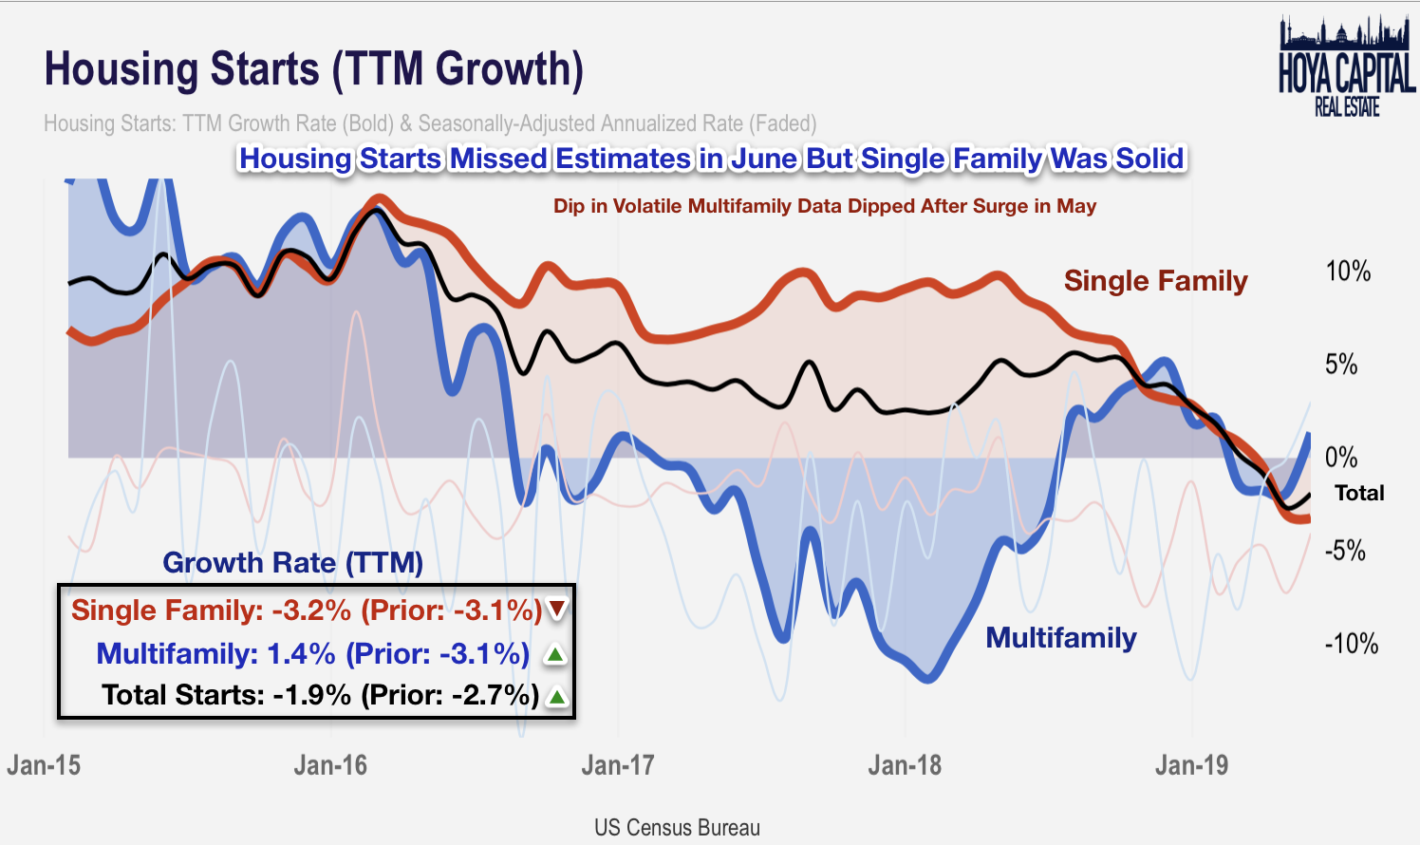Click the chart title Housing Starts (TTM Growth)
pos(313,69)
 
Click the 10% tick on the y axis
pos(1348,272)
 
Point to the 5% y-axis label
pos(1340,365)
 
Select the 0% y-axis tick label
pos(1340,458)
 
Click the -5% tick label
pos(1344,551)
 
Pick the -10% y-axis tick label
pos(1351,644)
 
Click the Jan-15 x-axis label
pos(44,765)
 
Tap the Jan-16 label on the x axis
pos(330,765)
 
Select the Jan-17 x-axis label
pos(618,765)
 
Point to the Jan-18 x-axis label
pos(905,765)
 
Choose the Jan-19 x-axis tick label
pos(1191,765)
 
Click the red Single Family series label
pos(1155,281)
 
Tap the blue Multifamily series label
pos(1060,637)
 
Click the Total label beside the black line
pos(1359,493)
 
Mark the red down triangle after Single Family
pos(556,610)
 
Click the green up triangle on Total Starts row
pos(557,696)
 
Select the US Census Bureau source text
pos(677,827)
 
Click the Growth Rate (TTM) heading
pos(292,562)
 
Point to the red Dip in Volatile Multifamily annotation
pos(824,206)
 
